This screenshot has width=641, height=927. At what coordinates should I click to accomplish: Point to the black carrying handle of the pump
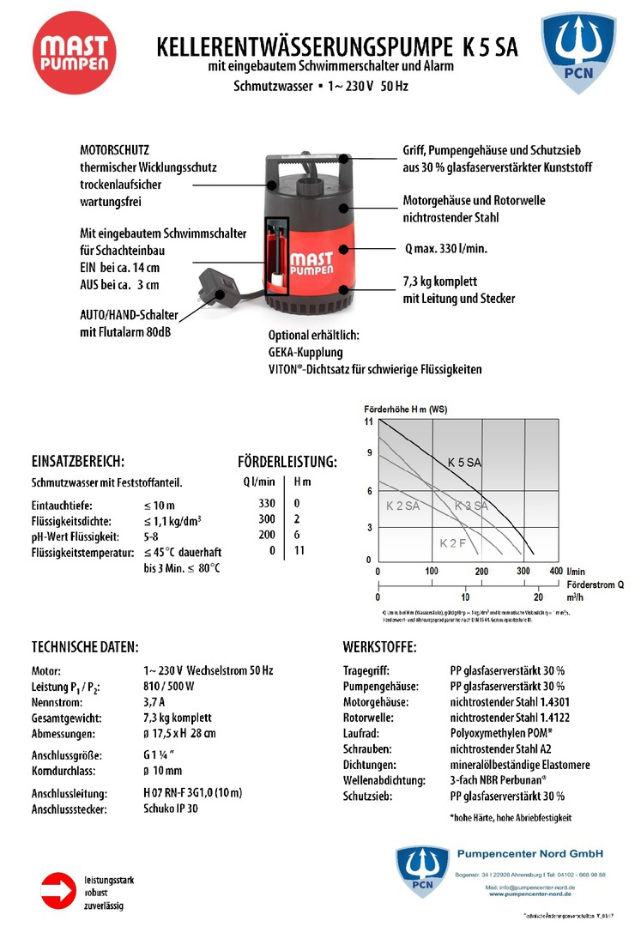[307, 165]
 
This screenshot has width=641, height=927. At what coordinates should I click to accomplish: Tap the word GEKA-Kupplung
[305, 352]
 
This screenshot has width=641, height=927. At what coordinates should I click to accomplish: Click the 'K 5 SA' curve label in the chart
[465, 463]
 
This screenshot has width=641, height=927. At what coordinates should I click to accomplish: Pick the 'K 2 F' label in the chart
[453, 543]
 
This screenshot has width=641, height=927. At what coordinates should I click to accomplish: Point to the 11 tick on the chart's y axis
[369, 422]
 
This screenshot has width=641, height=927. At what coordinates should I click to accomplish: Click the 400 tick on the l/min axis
[555, 571]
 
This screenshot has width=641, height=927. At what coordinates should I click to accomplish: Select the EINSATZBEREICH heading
[79, 461]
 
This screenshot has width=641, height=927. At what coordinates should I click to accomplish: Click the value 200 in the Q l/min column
[268, 535]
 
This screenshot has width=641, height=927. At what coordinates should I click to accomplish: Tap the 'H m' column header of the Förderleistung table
[303, 482]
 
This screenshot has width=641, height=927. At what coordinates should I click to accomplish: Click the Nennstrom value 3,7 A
[155, 701]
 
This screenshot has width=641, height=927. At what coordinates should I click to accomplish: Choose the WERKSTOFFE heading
[380, 645]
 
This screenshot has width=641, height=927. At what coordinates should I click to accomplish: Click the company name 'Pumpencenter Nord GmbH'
[529, 853]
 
